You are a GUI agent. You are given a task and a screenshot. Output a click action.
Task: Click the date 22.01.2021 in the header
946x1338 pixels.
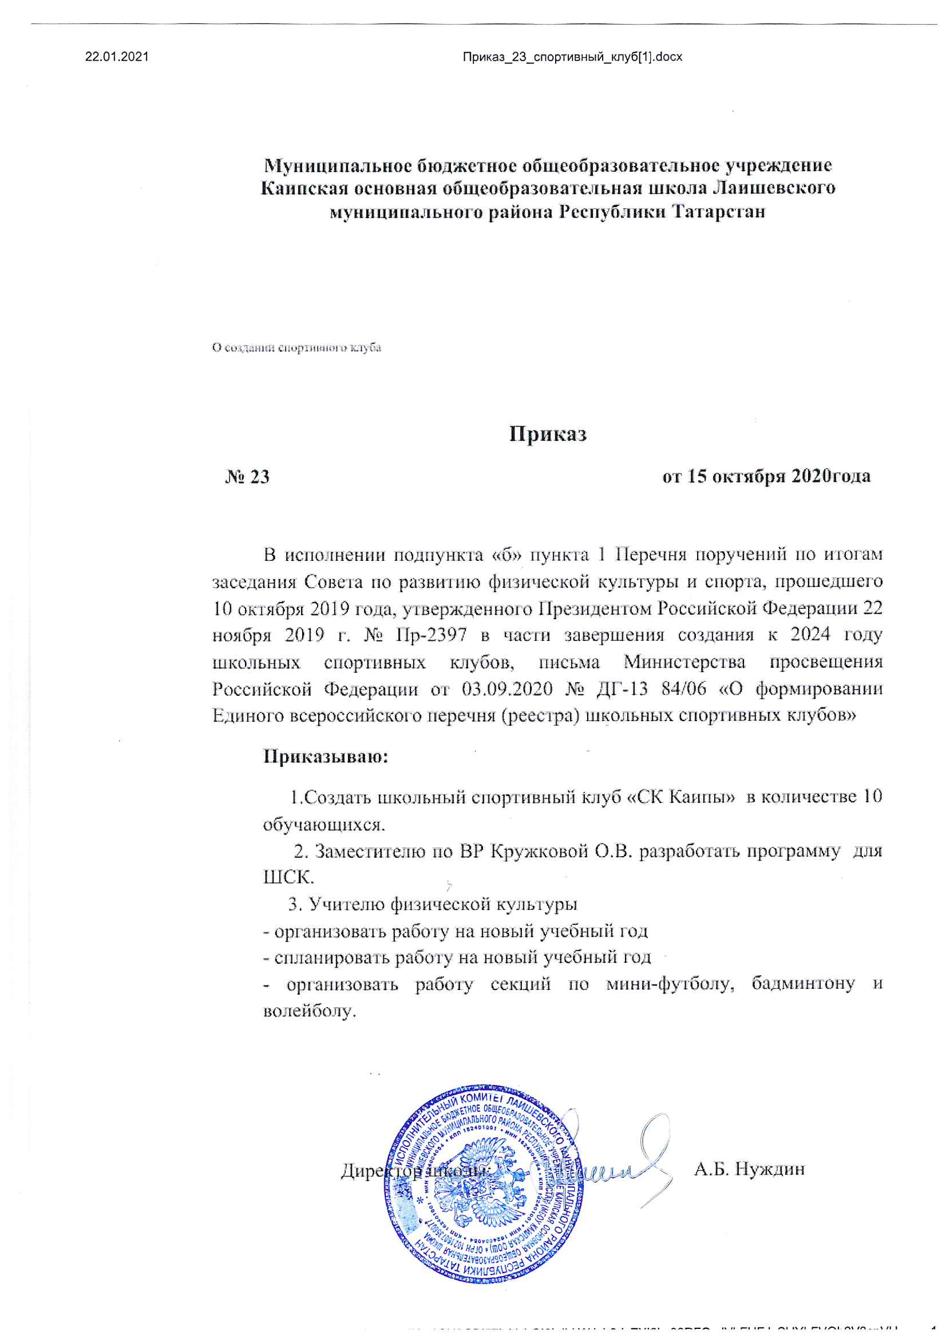tap(117, 57)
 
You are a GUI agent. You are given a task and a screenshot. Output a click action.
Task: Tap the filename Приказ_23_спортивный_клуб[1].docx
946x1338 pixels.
tap(572, 57)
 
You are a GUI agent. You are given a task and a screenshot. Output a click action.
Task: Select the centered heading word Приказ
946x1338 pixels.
tap(547, 434)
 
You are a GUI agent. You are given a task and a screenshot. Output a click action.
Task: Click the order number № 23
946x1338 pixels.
tap(247, 477)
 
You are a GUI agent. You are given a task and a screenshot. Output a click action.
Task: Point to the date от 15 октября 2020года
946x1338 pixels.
tap(766, 476)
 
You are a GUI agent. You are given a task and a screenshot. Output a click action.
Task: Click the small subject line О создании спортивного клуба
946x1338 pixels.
tap(296, 348)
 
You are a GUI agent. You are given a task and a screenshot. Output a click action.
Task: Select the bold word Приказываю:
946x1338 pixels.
tap(326, 757)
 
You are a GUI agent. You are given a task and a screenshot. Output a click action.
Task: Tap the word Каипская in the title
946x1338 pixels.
tap(304, 188)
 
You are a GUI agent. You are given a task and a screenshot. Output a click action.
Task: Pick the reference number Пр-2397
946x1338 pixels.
tap(432, 635)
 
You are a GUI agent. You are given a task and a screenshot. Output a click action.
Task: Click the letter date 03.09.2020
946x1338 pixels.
tap(507, 689)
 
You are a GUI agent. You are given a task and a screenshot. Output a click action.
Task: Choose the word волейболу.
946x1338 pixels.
tap(310, 1011)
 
